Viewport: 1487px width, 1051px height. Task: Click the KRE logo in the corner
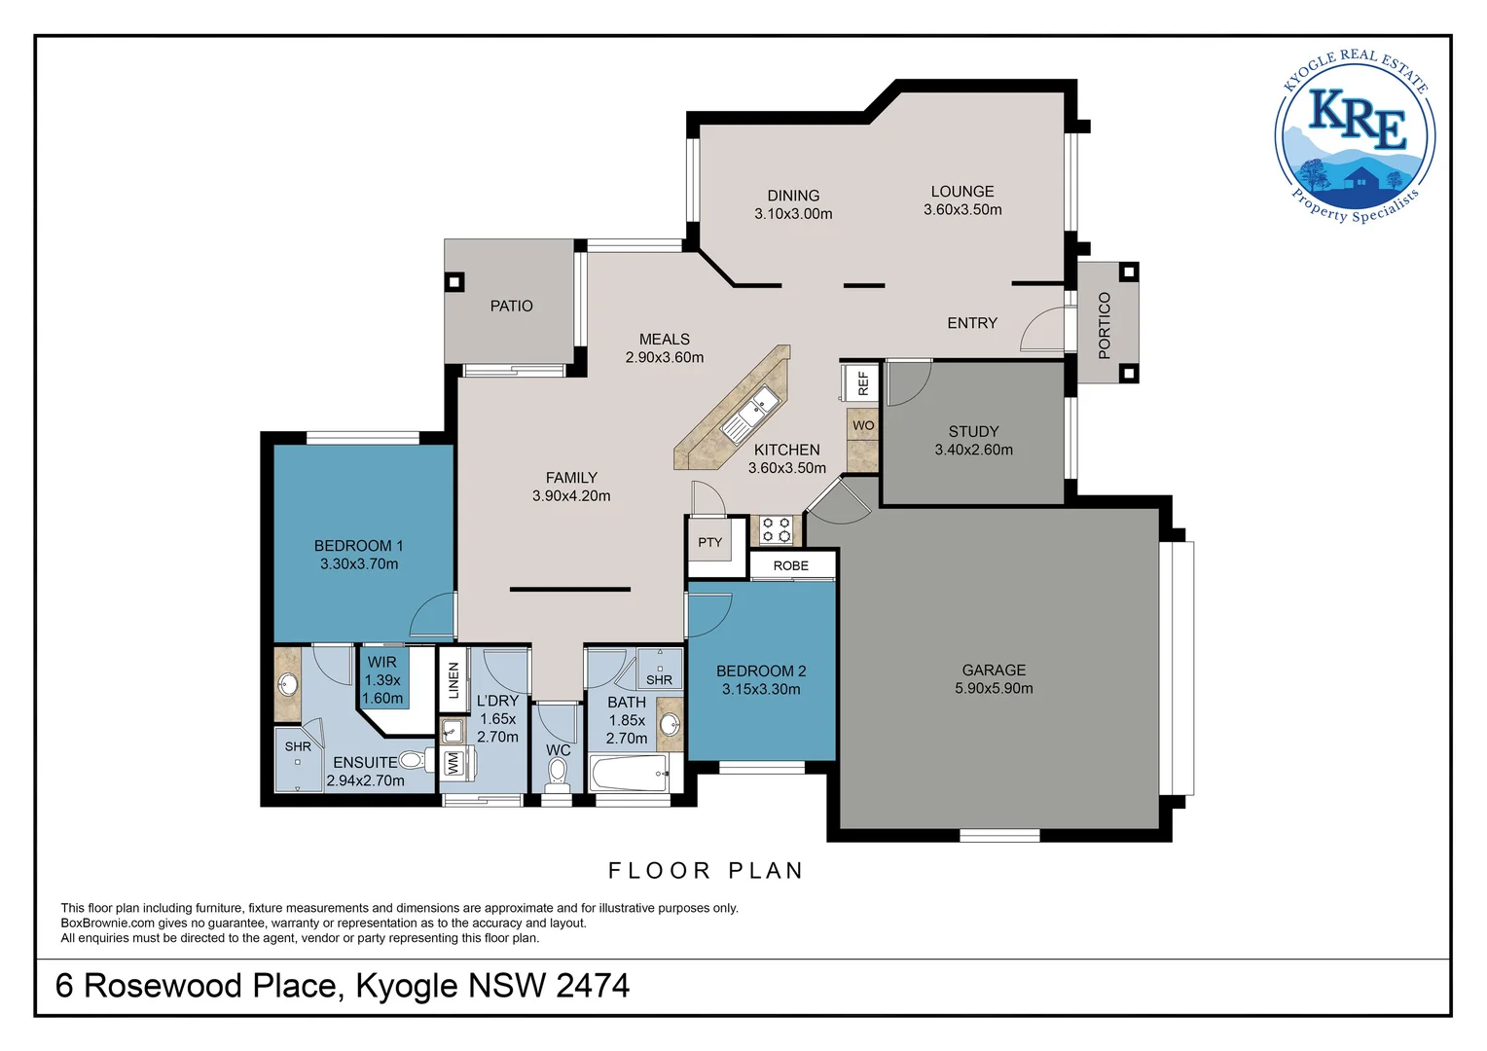[1355, 137]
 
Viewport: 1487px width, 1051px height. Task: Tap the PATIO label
[511, 307]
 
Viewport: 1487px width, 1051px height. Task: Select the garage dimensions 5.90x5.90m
[994, 688]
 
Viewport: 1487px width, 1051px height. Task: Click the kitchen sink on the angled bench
[751, 414]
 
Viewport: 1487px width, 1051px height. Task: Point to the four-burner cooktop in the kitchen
[776, 529]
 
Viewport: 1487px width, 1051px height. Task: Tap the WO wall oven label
[863, 425]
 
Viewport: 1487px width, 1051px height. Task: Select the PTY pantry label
[709, 542]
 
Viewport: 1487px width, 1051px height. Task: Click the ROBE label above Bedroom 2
[790, 565]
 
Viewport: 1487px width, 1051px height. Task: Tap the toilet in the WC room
[557, 776]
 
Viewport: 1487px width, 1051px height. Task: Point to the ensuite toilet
[417, 760]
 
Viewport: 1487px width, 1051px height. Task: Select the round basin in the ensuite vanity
[287, 684]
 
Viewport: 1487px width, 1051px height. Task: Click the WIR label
[381, 662]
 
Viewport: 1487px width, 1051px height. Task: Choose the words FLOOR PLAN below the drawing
[706, 871]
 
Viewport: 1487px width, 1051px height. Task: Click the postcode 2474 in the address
[593, 985]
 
